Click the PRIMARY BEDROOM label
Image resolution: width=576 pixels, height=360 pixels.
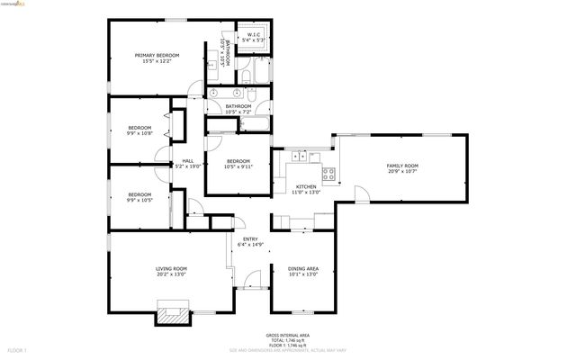157,56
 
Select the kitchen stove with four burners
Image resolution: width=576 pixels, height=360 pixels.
328,172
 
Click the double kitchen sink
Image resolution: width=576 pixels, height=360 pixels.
299,157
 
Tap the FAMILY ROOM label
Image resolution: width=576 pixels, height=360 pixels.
402,166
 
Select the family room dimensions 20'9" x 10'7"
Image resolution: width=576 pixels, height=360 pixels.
402,172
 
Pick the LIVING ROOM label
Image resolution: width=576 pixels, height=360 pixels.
171,268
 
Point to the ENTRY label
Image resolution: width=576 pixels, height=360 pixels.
250,238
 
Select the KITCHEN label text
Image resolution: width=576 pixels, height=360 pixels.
306,186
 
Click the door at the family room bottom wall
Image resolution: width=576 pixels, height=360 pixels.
361,194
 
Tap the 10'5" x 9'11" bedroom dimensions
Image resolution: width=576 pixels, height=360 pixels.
238,167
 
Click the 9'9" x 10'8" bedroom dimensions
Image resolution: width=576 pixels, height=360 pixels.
139,133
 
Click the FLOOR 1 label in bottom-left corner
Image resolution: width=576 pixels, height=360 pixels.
18,348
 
